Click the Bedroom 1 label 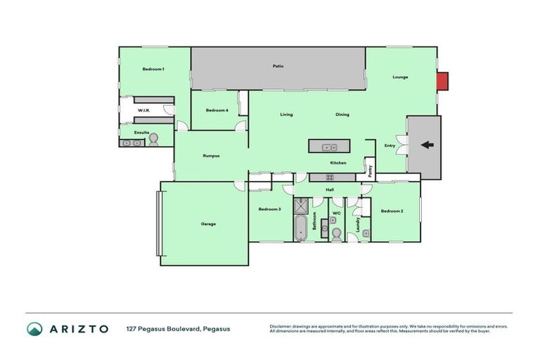click(x=153, y=69)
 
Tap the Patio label click(x=278, y=66)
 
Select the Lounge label click(x=400, y=77)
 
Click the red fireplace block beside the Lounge click(x=442, y=82)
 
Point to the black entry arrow click(x=427, y=146)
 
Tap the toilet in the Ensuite click(x=153, y=141)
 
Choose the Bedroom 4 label click(x=217, y=110)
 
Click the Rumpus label click(x=212, y=155)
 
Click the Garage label click(x=208, y=224)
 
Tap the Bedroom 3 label click(x=269, y=209)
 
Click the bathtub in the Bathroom click(x=300, y=228)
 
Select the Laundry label click(x=358, y=224)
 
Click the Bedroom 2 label click(x=392, y=211)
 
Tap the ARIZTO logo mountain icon click(x=34, y=328)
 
